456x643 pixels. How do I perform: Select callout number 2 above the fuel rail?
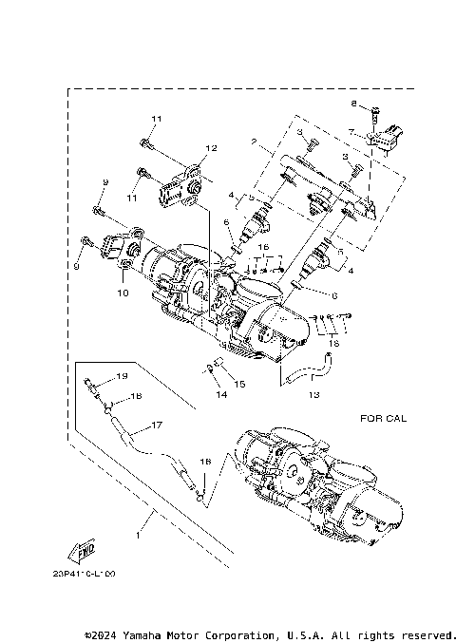tap(253, 142)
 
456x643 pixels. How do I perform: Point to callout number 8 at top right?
tap(354, 103)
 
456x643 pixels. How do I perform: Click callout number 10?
tap(123, 293)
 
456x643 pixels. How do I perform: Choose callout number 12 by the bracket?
tap(211, 148)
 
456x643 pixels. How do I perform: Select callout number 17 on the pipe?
tap(156, 426)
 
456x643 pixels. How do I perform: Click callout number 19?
tap(122, 378)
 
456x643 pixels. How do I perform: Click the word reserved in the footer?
tap(428, 634)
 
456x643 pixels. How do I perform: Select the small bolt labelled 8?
tap(375, 111)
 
